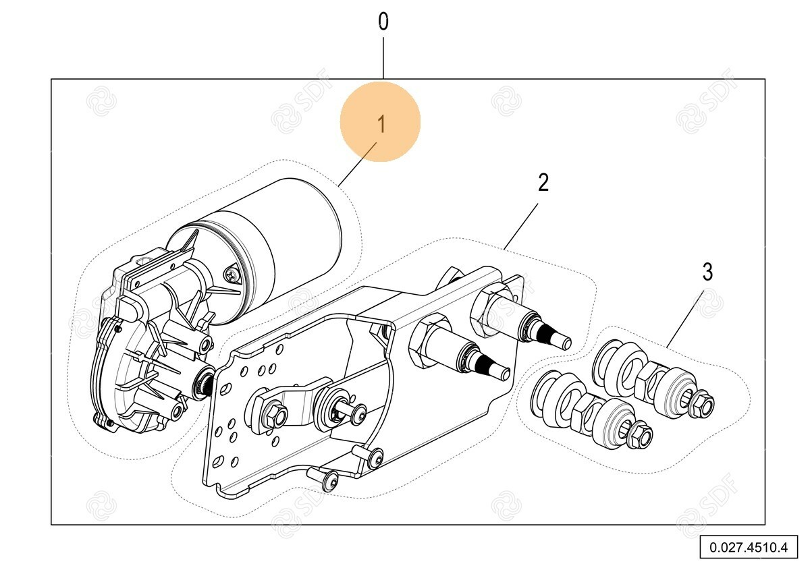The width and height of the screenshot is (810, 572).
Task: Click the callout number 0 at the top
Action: [x=383, y=22]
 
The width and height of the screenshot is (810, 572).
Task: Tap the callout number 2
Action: [x=543, y=182]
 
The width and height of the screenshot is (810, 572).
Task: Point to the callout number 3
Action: [x=707, y=272]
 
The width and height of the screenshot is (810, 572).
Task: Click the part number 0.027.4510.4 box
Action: [x=748, y=546]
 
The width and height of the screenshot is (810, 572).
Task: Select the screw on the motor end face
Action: [x=232, y=275]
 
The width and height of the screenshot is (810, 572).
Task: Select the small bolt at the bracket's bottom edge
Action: [x=329, y=481]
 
